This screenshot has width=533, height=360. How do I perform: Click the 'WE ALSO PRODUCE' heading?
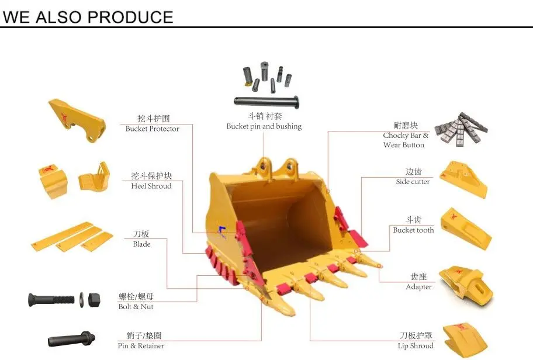pos(88,16)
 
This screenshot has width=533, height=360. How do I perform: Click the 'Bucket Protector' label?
pos(152,129)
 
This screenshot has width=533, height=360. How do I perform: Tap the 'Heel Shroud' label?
pos(151,186)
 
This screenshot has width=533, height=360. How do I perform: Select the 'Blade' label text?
pos(141,244)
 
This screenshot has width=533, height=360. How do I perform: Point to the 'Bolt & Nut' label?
pos(136,306)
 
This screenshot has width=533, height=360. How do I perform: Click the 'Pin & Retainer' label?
pos(141,346)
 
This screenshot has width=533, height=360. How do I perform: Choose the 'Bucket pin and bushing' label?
pos(264,126)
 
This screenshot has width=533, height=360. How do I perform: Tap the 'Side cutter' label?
pos(413,182)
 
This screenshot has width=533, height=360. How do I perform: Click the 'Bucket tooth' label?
pos(413,230)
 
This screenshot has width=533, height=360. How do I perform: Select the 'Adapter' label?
pos(418,287)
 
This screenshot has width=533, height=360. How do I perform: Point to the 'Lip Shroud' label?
pos(416,346)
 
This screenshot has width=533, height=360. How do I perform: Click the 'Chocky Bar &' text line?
pos(406,136)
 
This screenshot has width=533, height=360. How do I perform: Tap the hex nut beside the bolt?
pos(95,300)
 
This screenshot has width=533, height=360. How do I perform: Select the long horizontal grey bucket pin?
pos(266,101)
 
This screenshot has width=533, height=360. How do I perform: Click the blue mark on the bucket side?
pos(221,232)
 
